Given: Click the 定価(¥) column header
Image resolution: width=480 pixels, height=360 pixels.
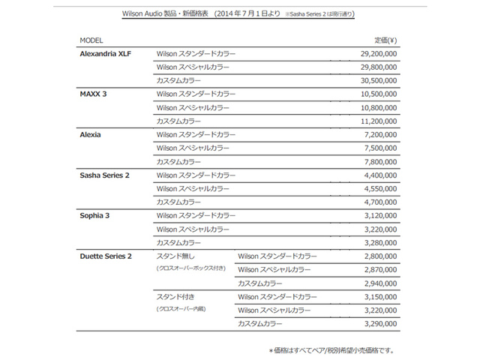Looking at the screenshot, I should point(385,39).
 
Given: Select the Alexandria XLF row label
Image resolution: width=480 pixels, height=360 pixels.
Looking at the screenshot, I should point(106,54).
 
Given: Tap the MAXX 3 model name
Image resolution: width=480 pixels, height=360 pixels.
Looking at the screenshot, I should point(94,94).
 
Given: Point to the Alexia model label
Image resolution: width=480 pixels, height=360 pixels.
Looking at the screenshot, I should point(90,134).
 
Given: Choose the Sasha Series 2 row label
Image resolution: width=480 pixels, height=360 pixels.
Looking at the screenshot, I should point(105,175).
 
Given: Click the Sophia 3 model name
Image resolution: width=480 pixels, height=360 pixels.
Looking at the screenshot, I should point(95,215).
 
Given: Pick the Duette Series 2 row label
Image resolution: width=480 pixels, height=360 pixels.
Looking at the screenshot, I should point(106,256).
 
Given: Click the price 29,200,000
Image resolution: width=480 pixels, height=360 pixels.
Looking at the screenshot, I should point(378,54).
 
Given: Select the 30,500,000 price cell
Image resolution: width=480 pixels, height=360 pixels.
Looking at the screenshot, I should point(378,80).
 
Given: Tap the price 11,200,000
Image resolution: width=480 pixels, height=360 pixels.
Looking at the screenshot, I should point(378,121).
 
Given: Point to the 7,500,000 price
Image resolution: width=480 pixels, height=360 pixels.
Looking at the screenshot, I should point(380,148).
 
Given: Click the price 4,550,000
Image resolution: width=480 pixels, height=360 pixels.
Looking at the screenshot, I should point(380,188).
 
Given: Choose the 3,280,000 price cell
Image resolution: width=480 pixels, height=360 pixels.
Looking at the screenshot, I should point(380,242).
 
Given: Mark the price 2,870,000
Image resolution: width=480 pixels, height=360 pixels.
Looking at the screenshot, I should point(380,269).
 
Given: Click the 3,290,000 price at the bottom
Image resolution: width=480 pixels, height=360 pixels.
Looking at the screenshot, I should point(380,323).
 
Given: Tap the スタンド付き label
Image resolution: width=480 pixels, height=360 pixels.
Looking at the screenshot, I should point(173,296).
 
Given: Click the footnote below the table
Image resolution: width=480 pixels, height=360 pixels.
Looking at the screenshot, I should point(331,349).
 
